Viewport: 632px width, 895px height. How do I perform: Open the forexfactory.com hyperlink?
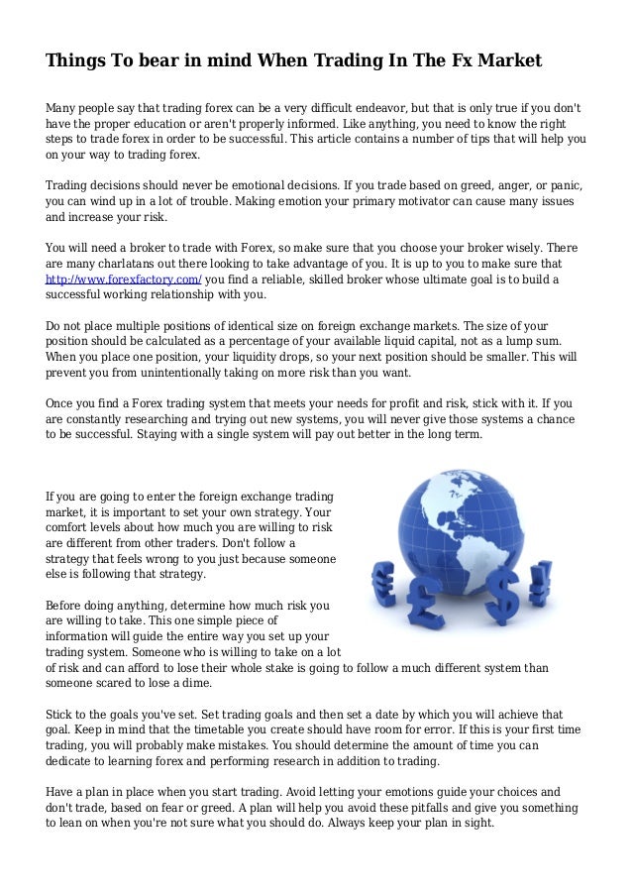coord(124,280)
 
